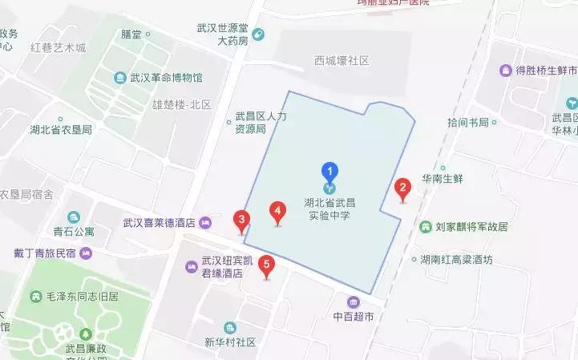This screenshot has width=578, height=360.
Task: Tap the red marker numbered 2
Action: pyautogui.click(x=403, y=190)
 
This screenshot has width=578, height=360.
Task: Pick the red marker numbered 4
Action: pyautogui.click(x=277, y=212)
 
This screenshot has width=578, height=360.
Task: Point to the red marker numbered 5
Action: pyautogui.click(x=268, y=265)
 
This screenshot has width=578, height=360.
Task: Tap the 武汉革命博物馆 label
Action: pyautogui.click(x=166, y=78)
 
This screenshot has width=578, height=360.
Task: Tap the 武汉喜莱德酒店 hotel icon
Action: pyautogui.click(x=205, y=222)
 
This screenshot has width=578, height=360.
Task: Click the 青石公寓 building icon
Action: pyautogui.click(x=74, y=217)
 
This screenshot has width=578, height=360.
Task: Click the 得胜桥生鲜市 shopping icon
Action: pyautogui.click(x=506, y=71)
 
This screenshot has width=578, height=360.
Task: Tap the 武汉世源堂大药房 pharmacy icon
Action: pyautogui.click(x=258, y=34)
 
